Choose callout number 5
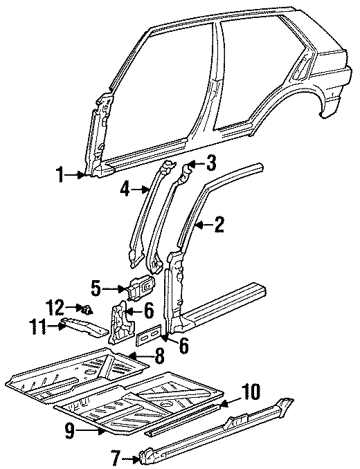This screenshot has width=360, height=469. [x=96, y=286]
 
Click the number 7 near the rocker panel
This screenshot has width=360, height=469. [x=116, y=457]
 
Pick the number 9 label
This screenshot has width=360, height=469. [x=70, y=431]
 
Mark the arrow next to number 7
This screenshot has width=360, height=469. [x=134, y=456]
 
